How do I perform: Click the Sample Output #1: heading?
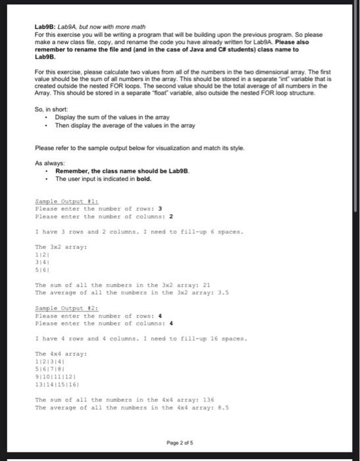[57, 202]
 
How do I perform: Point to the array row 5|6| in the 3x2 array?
[41, 269]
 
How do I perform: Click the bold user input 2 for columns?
[171, 216]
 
